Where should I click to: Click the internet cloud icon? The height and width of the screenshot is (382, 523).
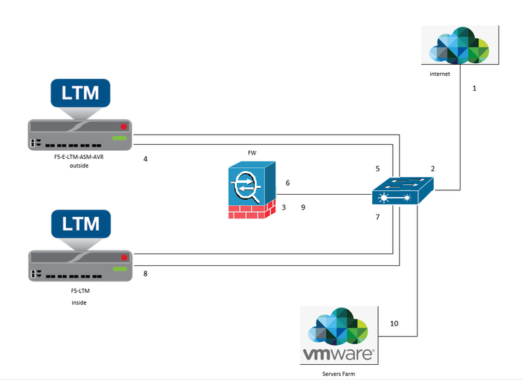point(461,47)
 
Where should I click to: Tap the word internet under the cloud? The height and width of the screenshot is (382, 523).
point(440,75)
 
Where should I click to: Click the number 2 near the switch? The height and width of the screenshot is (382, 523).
point(432,169)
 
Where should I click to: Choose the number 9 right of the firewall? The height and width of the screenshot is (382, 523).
point(303,207)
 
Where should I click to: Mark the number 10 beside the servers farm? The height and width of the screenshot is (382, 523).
point(394,324)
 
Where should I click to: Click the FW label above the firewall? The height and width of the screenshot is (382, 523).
point(253,152)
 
